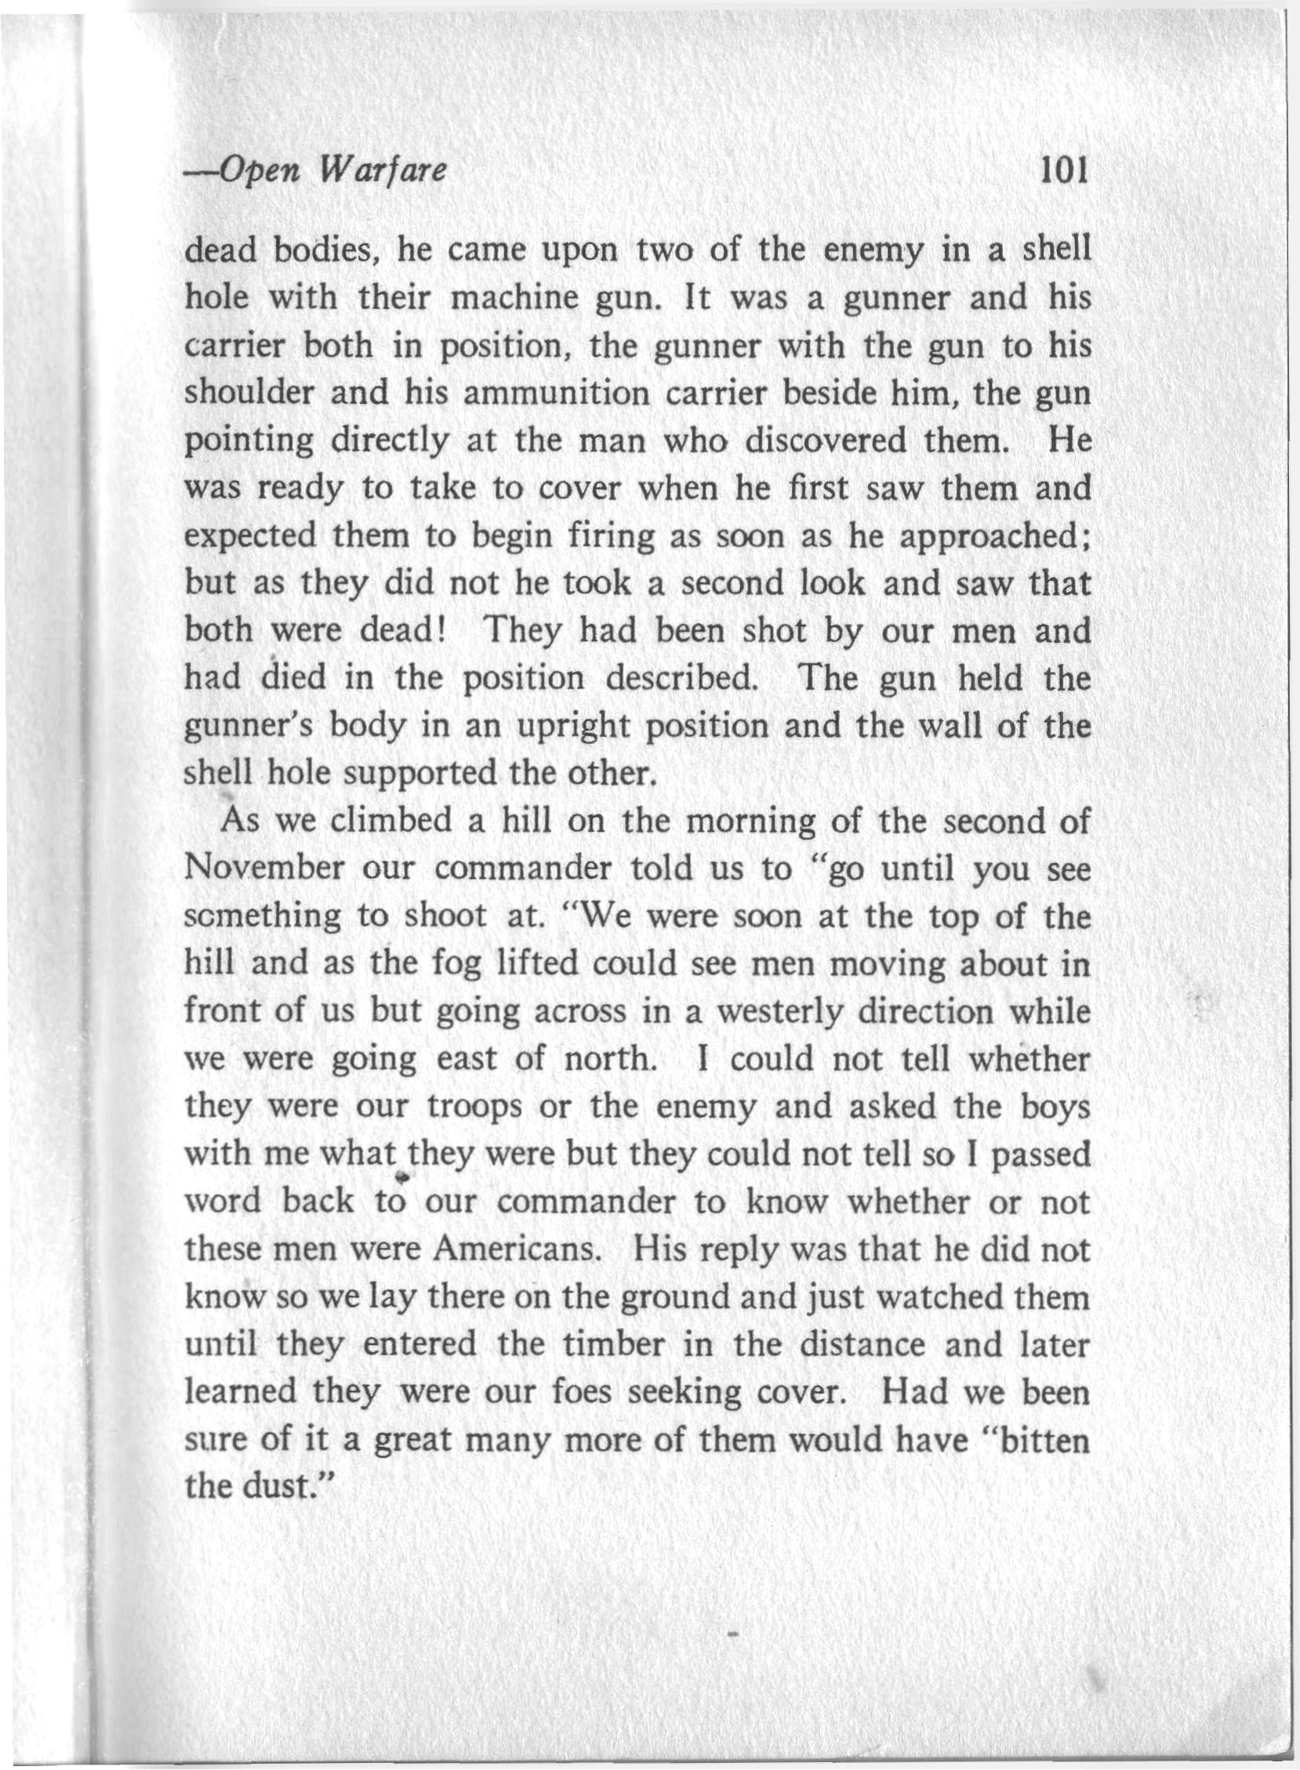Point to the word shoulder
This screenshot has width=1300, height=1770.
click(x=250, y=392)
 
